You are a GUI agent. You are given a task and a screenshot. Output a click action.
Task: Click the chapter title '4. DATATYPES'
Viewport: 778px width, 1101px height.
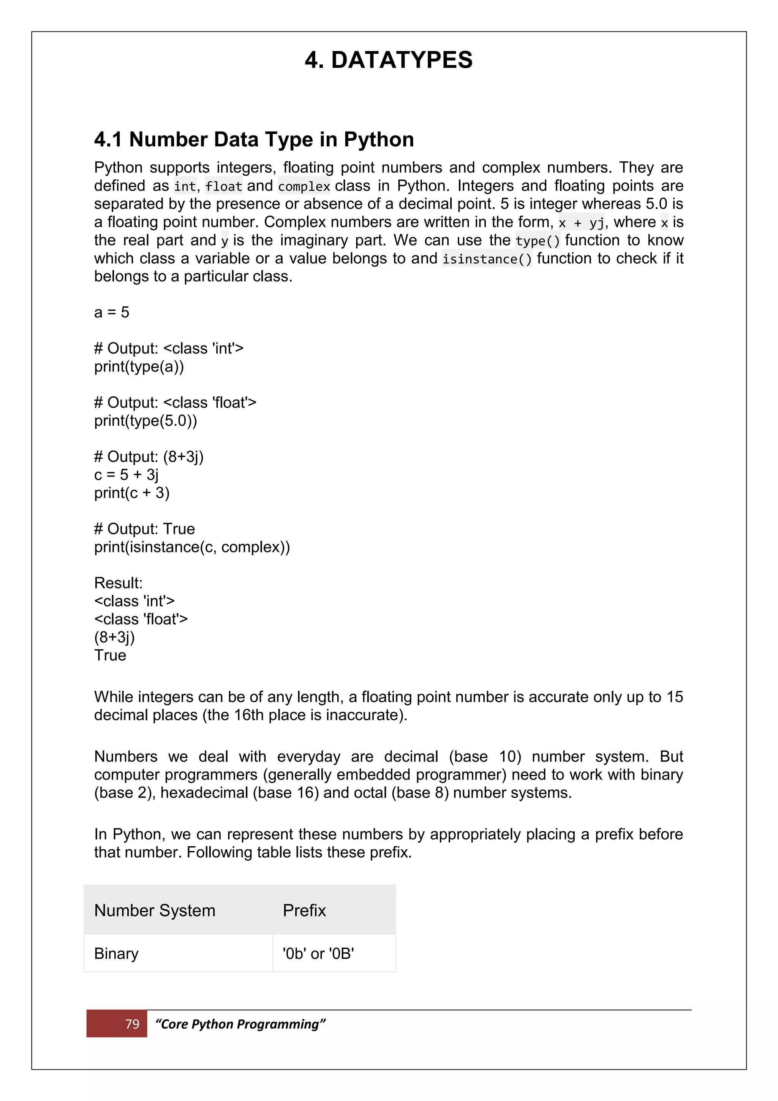389,60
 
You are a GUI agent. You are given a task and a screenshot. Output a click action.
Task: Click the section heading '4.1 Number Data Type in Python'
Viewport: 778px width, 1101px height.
254,140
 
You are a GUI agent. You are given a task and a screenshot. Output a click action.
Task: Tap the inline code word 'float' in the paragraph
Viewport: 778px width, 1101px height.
224,186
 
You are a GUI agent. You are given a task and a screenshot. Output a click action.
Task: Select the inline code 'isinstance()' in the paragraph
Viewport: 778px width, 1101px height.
487,259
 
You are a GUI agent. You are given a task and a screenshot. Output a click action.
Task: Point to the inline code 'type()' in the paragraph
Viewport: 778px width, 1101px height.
538,241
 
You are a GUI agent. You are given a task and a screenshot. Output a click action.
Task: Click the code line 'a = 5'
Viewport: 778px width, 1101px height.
112,312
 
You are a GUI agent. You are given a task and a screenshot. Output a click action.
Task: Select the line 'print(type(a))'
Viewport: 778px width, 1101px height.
139,366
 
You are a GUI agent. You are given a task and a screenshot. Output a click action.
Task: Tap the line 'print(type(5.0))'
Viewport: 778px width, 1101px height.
145,420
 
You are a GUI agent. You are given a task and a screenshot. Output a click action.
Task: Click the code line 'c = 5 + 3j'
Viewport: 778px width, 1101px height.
126,475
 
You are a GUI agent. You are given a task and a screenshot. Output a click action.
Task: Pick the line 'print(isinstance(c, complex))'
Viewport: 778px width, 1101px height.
191,547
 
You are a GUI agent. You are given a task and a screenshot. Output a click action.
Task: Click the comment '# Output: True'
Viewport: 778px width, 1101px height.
144,529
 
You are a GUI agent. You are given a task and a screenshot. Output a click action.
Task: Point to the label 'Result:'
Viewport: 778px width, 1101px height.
118,583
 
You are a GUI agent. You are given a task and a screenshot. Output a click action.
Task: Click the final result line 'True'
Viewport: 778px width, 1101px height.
110,655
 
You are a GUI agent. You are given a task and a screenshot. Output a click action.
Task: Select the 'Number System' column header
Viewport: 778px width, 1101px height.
155,910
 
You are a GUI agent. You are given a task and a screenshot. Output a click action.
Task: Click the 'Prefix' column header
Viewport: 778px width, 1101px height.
304,910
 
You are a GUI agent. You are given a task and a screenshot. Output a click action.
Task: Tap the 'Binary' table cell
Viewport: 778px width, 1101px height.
116,953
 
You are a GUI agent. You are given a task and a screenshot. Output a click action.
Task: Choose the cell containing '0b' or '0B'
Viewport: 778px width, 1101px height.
318,953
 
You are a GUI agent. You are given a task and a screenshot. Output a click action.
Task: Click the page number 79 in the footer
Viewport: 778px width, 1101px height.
132,1024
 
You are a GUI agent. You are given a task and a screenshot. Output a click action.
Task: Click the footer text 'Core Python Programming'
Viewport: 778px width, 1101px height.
240,1024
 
